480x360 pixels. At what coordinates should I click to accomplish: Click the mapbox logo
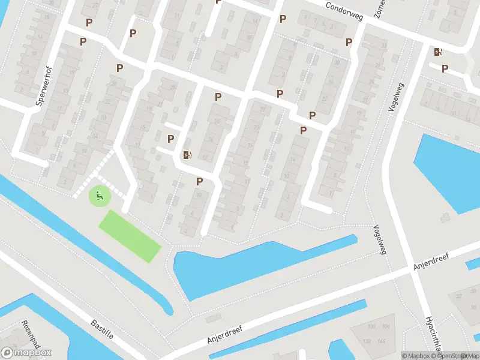tap(26, 353)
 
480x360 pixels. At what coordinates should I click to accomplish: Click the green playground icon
tap(99, 195)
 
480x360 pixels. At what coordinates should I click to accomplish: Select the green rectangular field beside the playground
tap(130, 236)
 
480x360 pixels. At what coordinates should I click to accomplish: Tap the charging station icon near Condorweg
tap(439, 52)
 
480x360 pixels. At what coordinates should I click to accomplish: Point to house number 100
tap(371, 326)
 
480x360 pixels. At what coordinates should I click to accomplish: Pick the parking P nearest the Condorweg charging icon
tap(445, 68)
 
